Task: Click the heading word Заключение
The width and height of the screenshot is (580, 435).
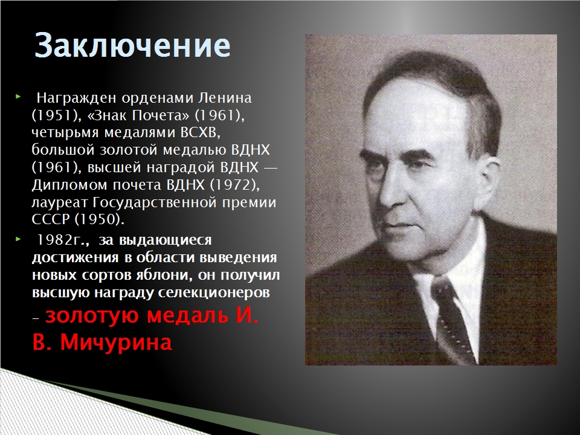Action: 132,45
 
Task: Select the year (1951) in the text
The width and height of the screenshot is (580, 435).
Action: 57,115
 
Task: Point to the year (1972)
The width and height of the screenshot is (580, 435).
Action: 234,185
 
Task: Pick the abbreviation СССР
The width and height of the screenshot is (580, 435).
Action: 51,219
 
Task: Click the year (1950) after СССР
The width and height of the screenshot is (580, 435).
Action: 100,220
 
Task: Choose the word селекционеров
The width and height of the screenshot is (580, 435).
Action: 214,292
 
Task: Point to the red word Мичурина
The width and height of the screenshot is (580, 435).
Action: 116,342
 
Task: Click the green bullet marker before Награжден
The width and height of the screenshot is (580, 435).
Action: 18,97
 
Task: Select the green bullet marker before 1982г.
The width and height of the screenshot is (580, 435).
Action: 18,239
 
